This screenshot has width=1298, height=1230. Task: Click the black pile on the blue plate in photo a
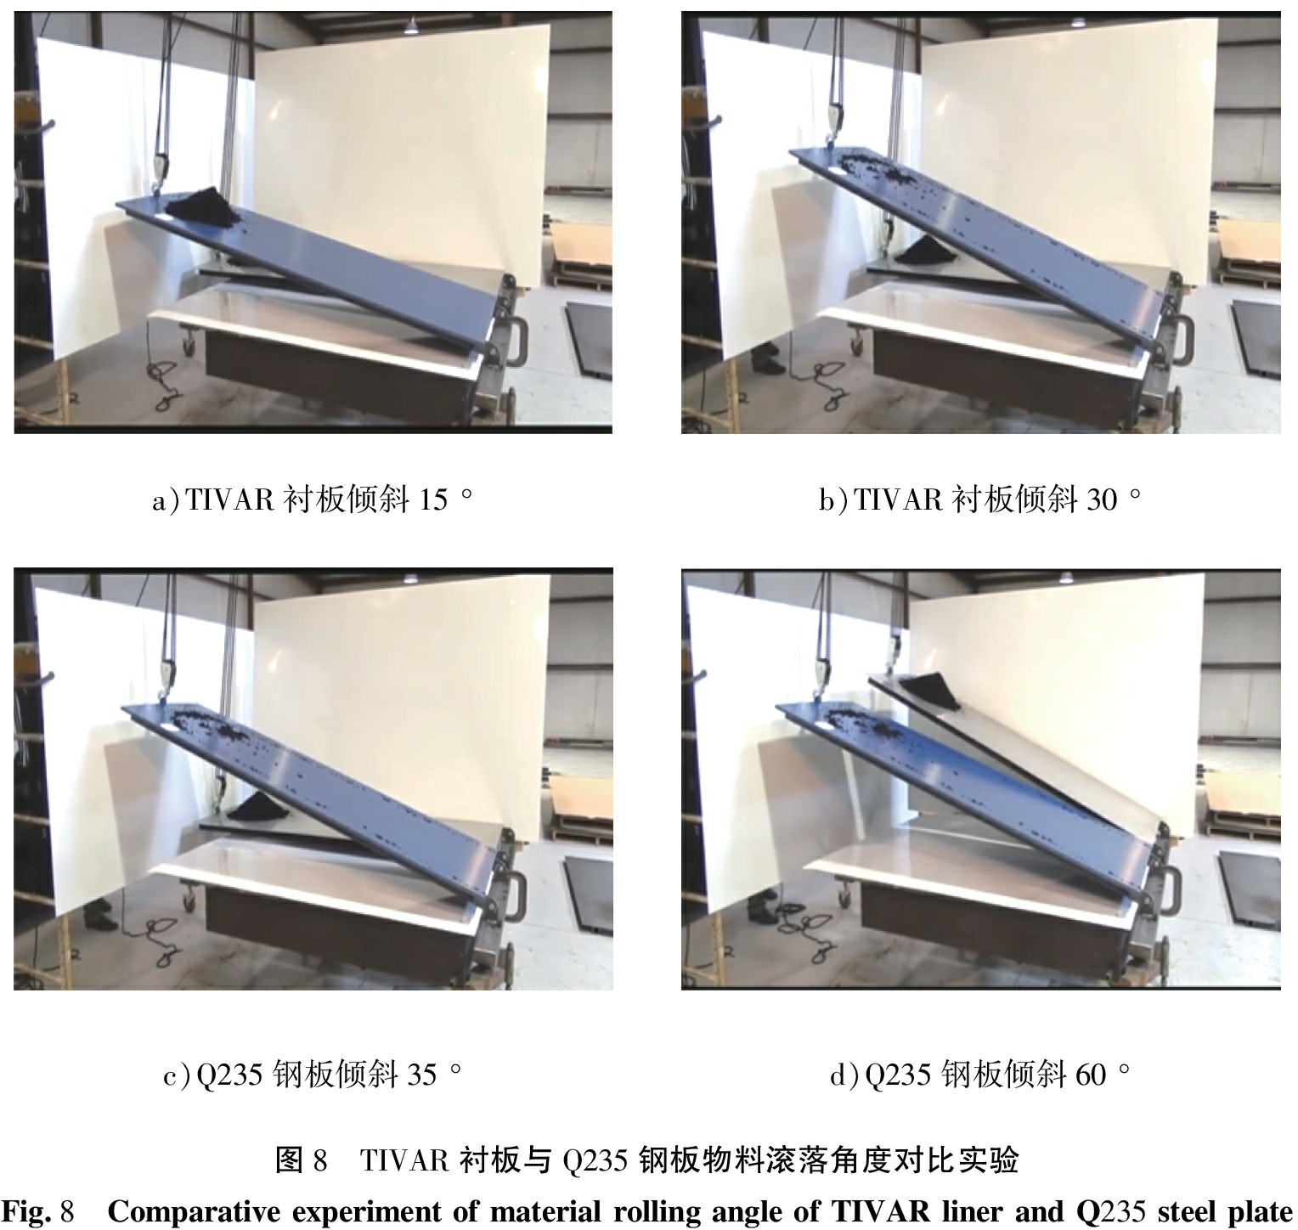coord(201,209)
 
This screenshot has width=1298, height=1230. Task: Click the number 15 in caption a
coord(432,500)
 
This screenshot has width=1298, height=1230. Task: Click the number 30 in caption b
coord(1102,500)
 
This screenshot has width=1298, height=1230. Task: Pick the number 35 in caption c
coord(422,1075)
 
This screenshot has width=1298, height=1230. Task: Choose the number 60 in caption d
coord(1091,1075)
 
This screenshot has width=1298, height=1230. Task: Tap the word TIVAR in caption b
coord(898,500)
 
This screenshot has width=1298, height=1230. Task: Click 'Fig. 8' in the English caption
coord(40,1211)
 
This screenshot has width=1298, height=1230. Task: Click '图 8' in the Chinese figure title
coord(301,1159)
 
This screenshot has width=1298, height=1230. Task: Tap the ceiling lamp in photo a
coord(411,25)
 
